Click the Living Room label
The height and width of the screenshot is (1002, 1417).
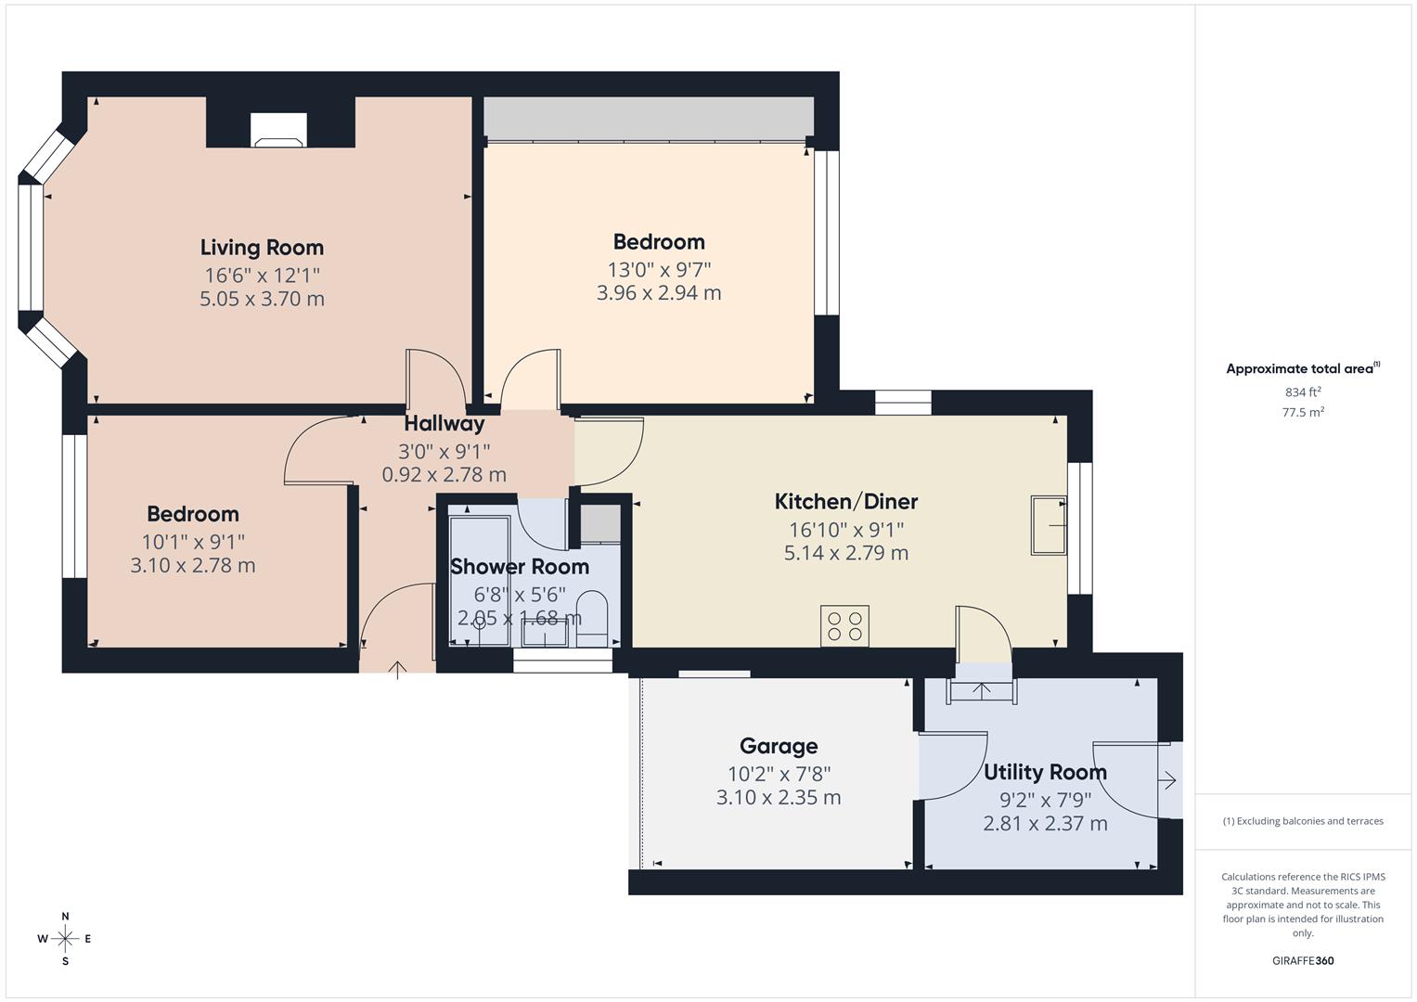(x=262, y=248)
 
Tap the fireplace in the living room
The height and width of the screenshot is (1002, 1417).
(x=279, y=131)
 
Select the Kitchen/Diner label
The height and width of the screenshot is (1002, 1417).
(x=845, y=502)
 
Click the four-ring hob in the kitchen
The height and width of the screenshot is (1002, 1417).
(x=844, y=625)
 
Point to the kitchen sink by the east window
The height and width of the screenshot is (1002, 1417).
(x=1049, y=526)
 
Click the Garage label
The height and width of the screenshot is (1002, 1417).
(x=778, y=746)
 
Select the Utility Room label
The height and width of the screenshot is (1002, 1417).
(x=1045, y=772)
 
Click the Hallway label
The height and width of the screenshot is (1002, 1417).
(x=444, y=424)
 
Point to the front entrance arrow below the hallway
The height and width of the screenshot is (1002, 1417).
(x=397, y=669)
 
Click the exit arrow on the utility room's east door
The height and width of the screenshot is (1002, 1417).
(x=1167, y=781)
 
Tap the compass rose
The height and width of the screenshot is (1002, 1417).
(x=65, y=939)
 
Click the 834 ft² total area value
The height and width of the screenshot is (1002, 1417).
(x=1302, y=392)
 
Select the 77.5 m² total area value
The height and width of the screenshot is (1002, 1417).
(x=1302, y=413)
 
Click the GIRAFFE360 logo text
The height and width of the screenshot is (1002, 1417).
(x=1302, y=961)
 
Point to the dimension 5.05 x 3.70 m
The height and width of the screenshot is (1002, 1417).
(x=262, y=299)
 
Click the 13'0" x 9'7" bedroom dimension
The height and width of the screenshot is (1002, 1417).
(x=659, y=270)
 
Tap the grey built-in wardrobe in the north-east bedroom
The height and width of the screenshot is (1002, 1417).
(x=649, y=118)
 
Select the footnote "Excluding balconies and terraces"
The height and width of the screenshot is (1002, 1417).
(x=1302, y=821)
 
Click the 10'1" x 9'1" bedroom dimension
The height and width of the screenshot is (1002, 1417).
(x=193, y=541)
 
